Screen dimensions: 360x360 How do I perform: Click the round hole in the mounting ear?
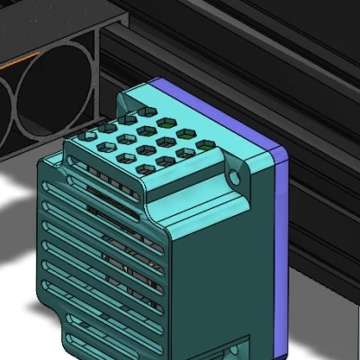click(238, 177)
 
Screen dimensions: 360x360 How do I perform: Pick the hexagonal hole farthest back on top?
click(166, 119)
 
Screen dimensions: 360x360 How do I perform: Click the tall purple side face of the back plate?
click(280, 252)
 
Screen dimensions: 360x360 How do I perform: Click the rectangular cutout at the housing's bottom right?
click(241, 346)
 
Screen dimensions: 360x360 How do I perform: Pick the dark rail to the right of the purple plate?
click(324, 225)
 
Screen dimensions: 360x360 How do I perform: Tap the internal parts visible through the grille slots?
click(126, 270)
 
